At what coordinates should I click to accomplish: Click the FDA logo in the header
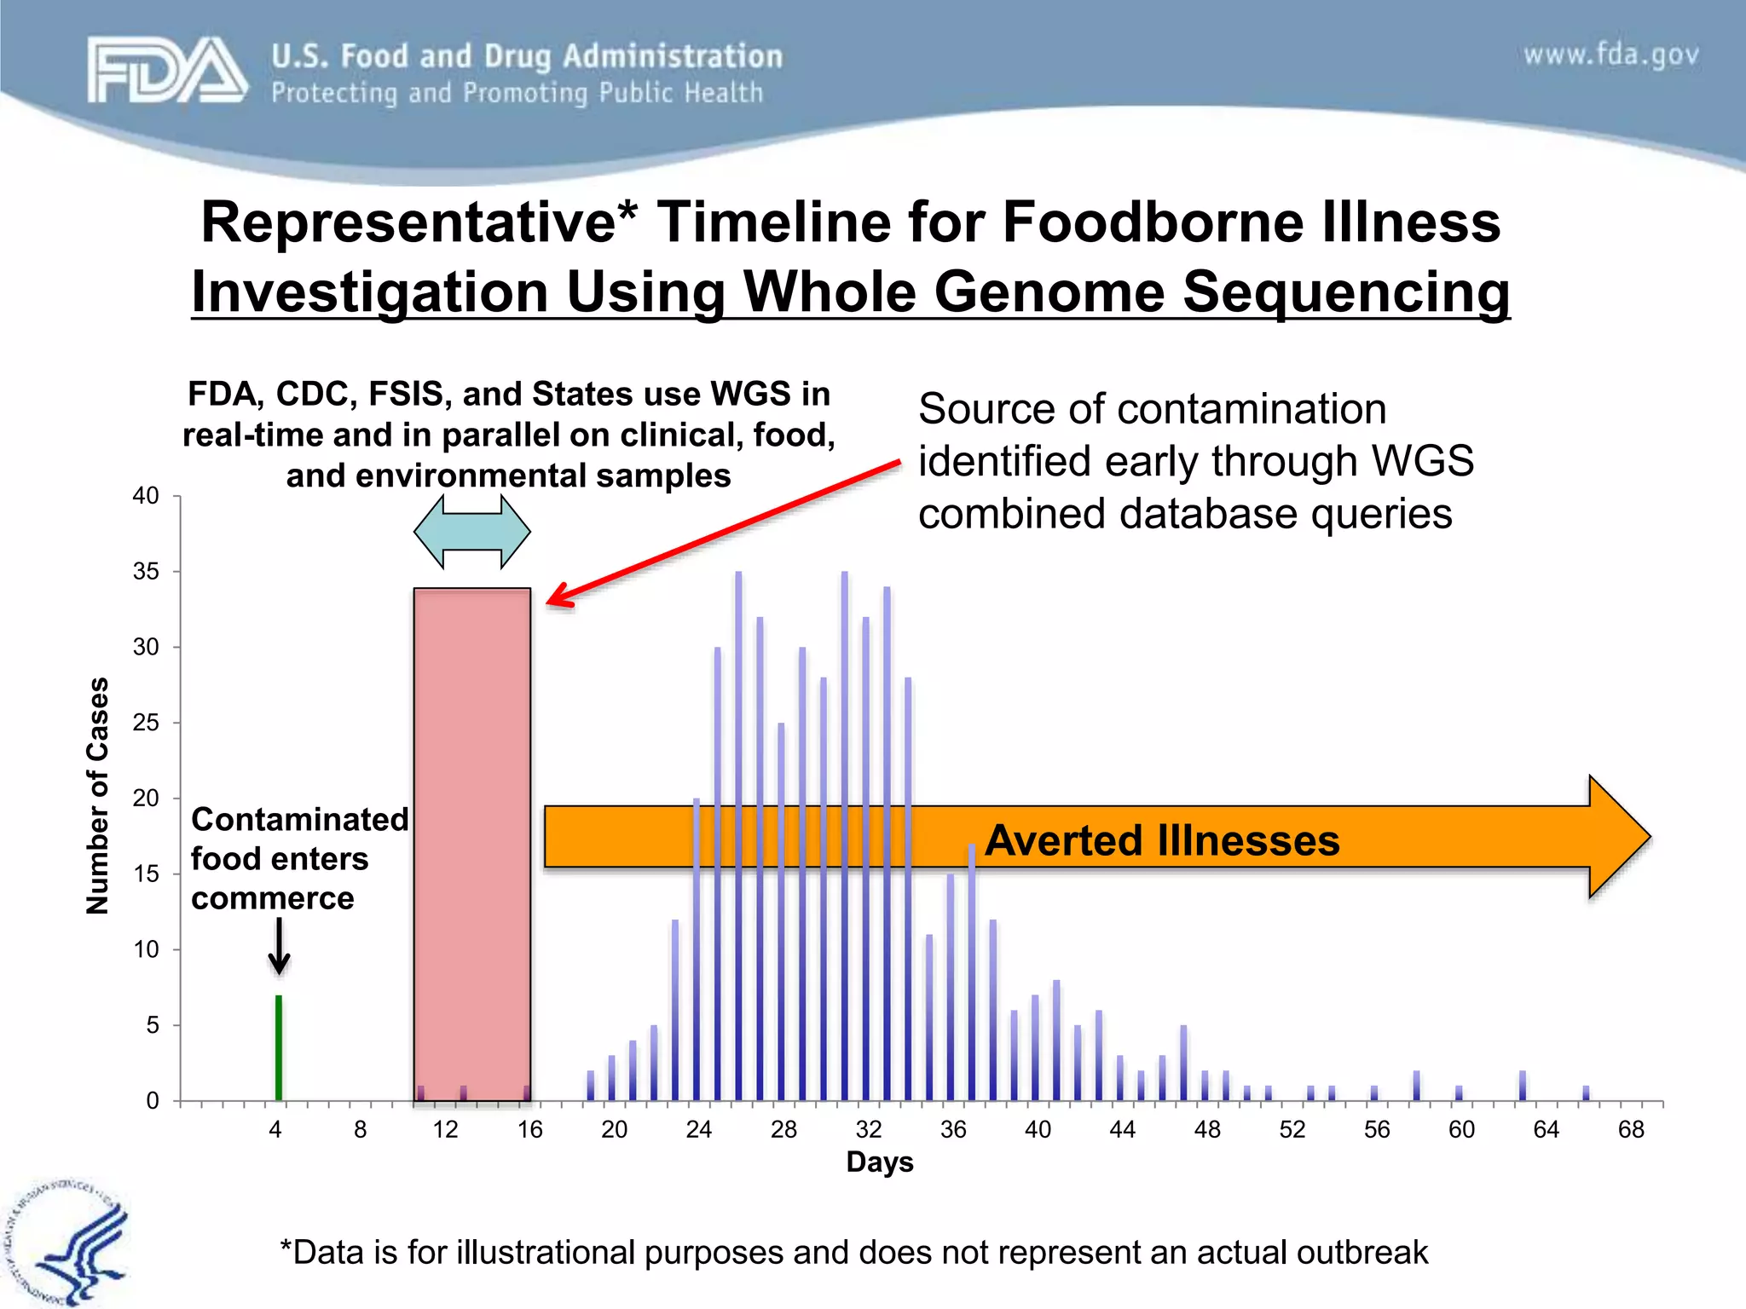167,70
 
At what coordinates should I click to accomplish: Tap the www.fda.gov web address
1610,55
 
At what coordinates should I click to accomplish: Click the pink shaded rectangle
471,844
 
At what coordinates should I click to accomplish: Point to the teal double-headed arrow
471,532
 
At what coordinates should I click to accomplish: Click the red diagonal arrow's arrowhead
558,597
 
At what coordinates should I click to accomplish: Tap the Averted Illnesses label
1161,840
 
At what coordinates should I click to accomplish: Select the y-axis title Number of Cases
99,796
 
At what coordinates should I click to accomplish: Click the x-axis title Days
879,1162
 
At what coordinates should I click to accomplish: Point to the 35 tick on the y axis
146,571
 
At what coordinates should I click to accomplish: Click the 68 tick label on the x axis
1630,1130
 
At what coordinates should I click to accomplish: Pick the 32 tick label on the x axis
868,1130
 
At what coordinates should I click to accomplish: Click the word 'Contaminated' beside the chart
299,819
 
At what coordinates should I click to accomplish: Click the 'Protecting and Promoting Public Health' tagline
517,93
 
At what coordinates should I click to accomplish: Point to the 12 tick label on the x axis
445,1130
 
